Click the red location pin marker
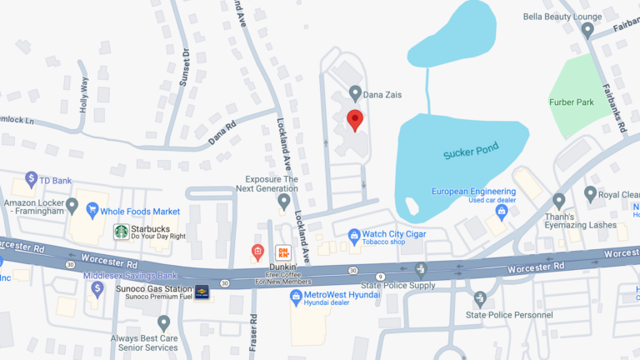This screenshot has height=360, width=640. pos(355,120)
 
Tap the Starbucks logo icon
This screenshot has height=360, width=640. pos(121,232)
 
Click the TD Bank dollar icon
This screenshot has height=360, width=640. pos(32,178)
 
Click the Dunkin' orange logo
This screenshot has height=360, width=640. pos(283,251)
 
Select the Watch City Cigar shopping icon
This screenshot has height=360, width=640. pos(354,234)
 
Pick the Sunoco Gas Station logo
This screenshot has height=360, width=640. pos(202,294)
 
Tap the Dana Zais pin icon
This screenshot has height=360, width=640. pos(355,94)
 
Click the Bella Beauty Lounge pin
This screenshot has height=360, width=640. pos(587,31)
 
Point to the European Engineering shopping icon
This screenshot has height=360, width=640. pos(502,212)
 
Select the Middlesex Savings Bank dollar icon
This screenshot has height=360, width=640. pos(97,288)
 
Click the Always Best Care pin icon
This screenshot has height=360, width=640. pos(164,322)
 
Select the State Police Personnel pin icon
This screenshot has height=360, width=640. pos(479,298)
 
